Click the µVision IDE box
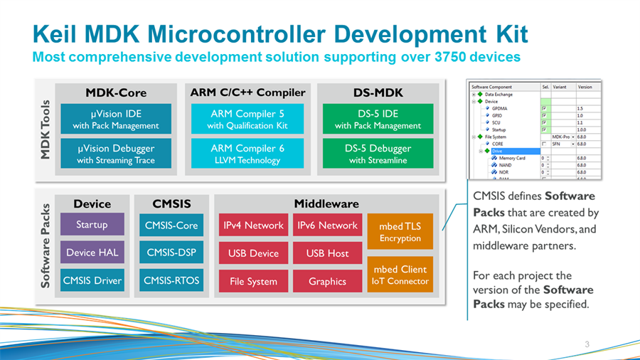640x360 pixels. tap(116, 119)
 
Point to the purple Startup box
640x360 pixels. tap(92, 225)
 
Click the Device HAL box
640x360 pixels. tap(92, 253)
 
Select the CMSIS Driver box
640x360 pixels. tap(92, 281)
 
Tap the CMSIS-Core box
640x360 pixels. tap(171, 226)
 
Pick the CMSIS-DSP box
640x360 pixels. tap(171, 253)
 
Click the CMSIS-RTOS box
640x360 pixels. tap(171, 281)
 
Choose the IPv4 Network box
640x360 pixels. tap(253, 226)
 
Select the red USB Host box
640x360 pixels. tap(327, 253)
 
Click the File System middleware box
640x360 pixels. tap(253, 281)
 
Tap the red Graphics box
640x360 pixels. tap(327, 281)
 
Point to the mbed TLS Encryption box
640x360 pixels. tap(400, 232)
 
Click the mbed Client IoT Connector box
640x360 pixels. tap(400, 275)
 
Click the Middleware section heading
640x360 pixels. tap(326, 203)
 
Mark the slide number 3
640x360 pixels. tap(587, 345)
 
